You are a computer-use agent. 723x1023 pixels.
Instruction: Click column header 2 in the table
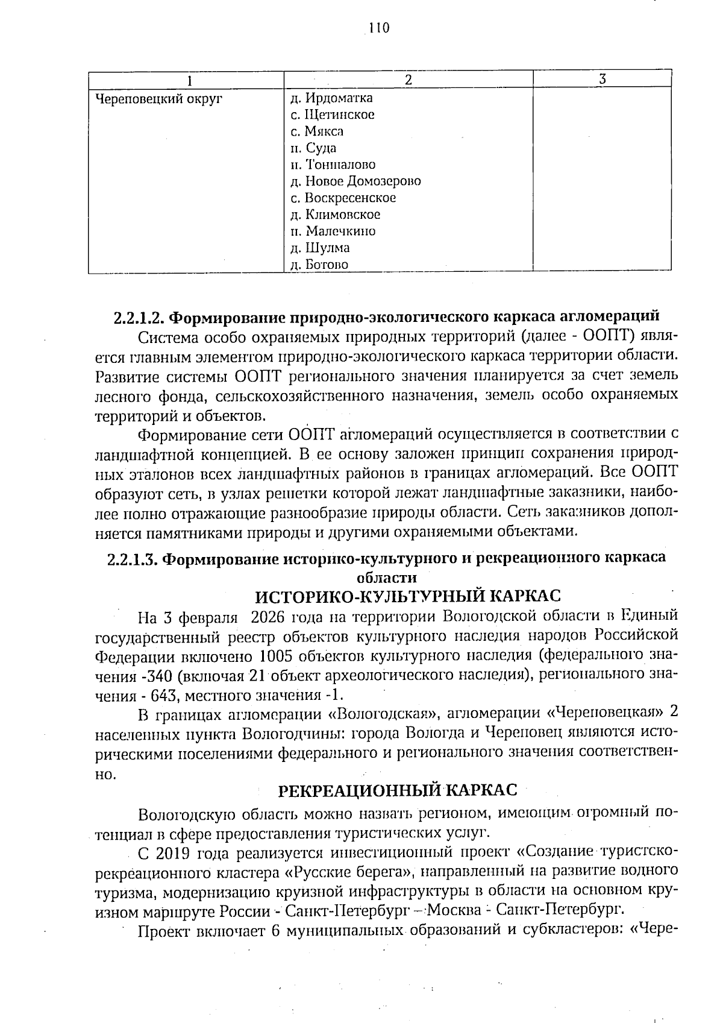tap(408, 80)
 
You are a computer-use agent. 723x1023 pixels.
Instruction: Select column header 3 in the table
tap(602, 79)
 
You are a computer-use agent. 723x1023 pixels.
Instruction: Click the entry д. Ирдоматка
tap(331, 98)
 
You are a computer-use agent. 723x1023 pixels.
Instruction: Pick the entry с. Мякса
tap(317, 131)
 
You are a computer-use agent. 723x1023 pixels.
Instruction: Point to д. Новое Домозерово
tap(355, 181)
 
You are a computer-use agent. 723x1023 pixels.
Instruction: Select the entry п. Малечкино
tap(333, 231)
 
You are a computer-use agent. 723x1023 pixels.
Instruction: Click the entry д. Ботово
tap(319, 264)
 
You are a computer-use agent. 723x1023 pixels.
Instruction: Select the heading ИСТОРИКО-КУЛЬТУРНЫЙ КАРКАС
tap(408, 596)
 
